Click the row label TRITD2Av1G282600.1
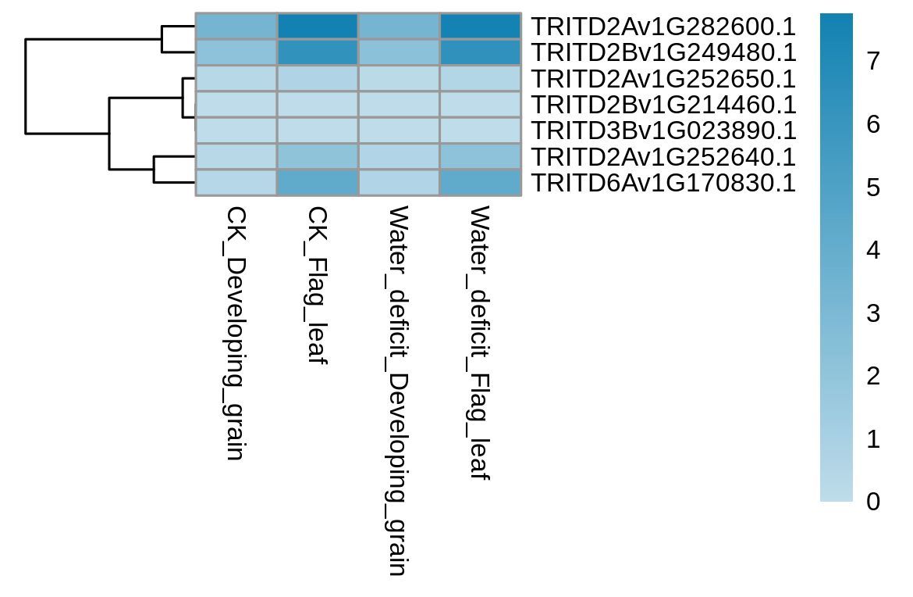pyautogui.click(x=664, y=27)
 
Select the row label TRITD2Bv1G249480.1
pyautogui.click(x=664, y=52)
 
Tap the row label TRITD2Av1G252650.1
pyautogui.click(x=664, y=79)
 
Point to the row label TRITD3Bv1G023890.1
pyautogui.click(x=664, y=130)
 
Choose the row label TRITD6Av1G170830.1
pyautogui.click(x=664, y=183)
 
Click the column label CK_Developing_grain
pyautogui.click(x=236, y=333)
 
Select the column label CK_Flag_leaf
pyautogui.click(x=318, y=285)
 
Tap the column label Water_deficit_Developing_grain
pyautogui.click(x=399, y=391)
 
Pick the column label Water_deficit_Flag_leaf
pyautogui.click(x=481, y=343)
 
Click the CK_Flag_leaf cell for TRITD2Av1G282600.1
pyautogui.click(x=318, y=27)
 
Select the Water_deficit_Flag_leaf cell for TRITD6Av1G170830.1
pyautogui.click(x=481, y=183)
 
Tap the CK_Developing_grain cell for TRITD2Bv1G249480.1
pyautogui.click(x=236, y=52)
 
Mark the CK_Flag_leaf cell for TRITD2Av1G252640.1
pyautogui.click(x=318, y=157)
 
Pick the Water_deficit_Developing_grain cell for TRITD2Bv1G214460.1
pyautogui.click(x=399, y=105)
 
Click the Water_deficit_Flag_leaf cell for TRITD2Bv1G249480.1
pyautogui.click(x=481, y=52)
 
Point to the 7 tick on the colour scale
pyautogui.click(x=873, y=61)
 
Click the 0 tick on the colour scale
pyautogui.click(x=873, y=502)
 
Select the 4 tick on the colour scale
pyautogui.click(x=873, y=249)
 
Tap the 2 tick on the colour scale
pyautogui.click(x=873, y=376)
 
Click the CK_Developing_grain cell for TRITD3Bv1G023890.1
pyautogui.click(x=236, y=130)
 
